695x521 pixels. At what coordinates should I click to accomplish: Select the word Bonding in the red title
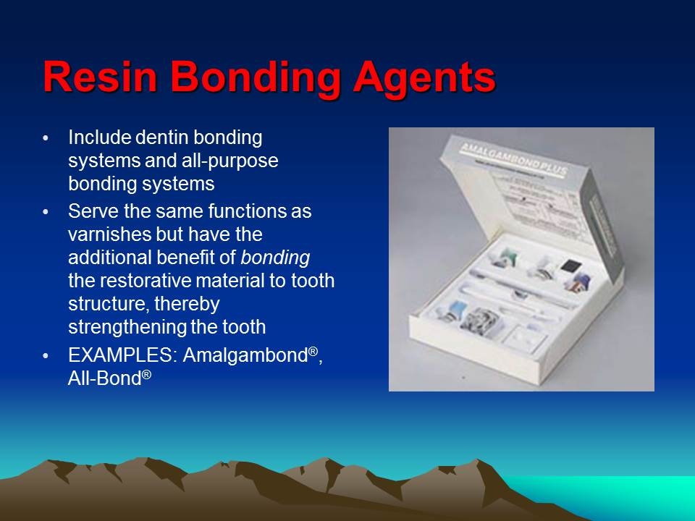(255, 77)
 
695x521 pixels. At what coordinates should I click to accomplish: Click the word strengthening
(126, 327)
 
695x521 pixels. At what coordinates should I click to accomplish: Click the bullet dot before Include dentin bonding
(47, 137)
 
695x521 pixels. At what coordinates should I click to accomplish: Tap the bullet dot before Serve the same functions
(47, 213)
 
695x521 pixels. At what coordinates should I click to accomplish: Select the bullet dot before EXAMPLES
(47, 357)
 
